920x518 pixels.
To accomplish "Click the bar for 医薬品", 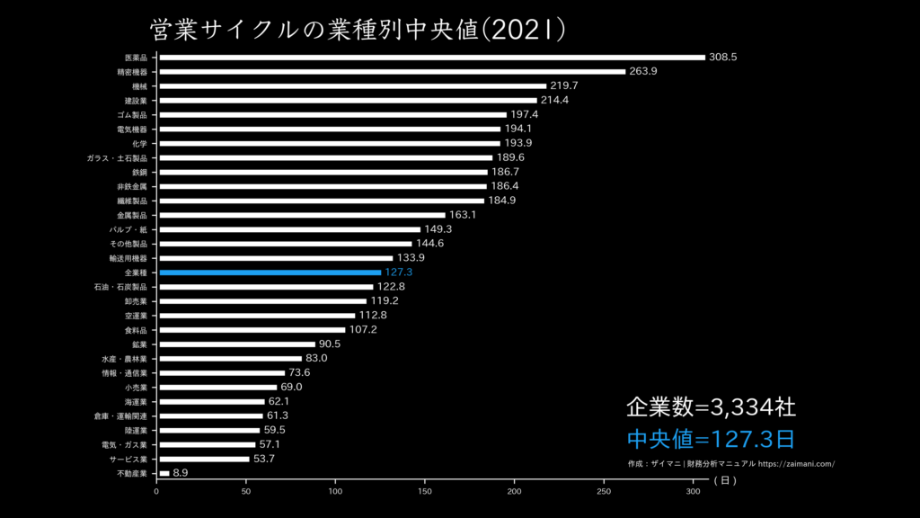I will pyautogui.click(x=431, y=58).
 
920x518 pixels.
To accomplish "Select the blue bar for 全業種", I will pyautogui.click(x=270, y=272).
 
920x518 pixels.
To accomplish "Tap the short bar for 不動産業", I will pyautogui.click(x=164, y=473).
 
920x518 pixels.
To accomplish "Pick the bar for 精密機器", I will pyautogui.click(x=392, y=72).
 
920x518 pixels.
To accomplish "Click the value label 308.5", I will pyautogui.click(x=722, y=57).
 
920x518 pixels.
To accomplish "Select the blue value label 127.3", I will pyautogui.click(x=398, y=272).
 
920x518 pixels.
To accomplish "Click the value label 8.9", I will pyautogui.click(x=181, y=473).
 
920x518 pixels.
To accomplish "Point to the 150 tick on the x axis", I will pyautogui.click(x=426, y=492).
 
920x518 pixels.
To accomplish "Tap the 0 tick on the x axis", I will pyautogui.click(x=157, y=492).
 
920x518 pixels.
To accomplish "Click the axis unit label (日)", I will pyautogui.click(x=726, y=481).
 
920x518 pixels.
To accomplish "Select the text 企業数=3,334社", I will pyautogui.click(x=711, y=407).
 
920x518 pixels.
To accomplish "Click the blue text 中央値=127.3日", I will pyautogui.click(x=711, y=440).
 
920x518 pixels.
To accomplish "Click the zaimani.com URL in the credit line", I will pyautogui.click(x=797, y=464).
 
